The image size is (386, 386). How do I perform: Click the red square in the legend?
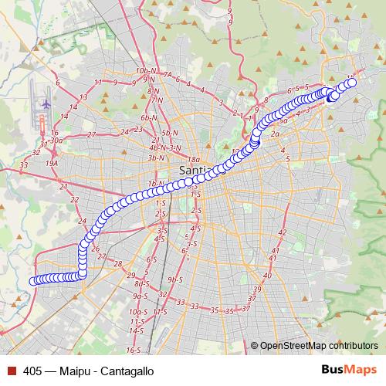click(12, 371)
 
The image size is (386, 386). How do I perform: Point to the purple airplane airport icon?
click(45, 103)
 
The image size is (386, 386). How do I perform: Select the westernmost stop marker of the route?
click(33, 281)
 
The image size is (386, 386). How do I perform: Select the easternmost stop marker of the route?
click(354, 83)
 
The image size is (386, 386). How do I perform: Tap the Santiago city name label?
click(193, 170)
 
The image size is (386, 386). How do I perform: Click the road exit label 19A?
click(52, 164)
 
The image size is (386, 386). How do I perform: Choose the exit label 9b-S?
click(174, 279)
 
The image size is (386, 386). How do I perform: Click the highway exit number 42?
click(282, 232)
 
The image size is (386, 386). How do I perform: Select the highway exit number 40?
click(267, 275)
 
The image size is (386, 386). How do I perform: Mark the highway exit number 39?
click(258, 289)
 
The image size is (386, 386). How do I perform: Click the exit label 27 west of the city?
click(91, 134)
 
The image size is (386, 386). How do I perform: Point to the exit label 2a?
click(275, 134)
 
